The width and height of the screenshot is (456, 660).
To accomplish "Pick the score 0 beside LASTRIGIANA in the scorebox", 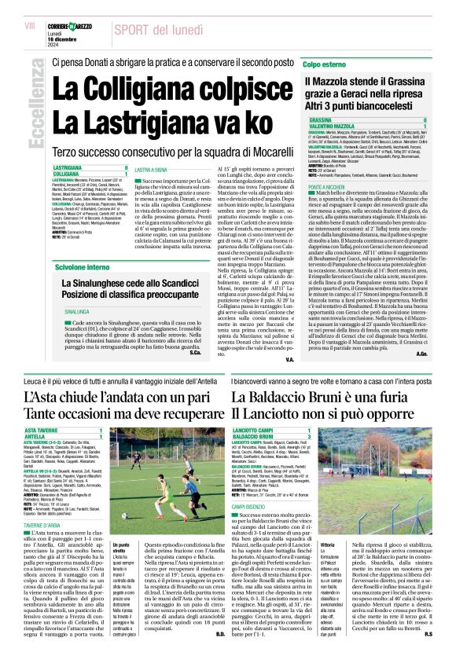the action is click(125, 168).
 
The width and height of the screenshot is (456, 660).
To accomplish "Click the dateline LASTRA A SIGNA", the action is click(151, 170).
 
